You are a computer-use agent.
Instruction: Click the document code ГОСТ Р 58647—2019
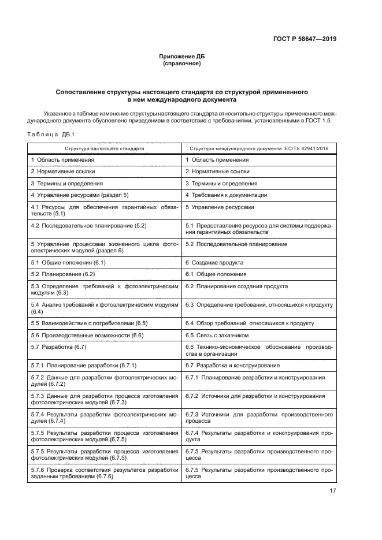pos(305,39)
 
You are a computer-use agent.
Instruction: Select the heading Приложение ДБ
pos(181,57)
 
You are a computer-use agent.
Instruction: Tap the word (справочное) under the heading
pos(181,64)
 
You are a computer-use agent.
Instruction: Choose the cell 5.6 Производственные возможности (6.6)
pos(87,335)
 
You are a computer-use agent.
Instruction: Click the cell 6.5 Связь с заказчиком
pos(217,335)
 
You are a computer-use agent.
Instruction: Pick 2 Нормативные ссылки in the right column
pos(217,172)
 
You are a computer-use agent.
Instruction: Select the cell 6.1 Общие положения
pos(216,274)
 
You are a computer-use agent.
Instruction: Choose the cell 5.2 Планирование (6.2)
pos(63,274)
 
